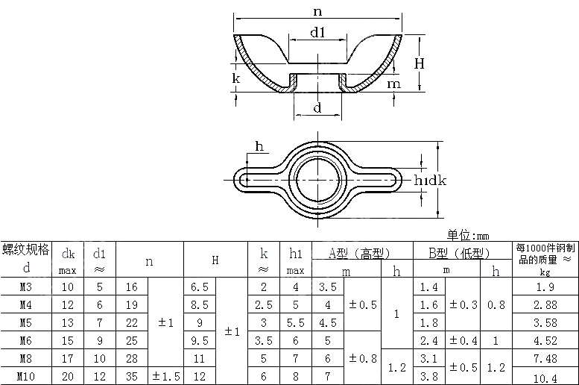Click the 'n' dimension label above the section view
(x=318, y=10)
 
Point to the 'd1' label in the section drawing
(x=317, y=32)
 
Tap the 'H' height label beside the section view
(x=420, y=63)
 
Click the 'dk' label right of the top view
(x=437, y=180)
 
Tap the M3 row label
(x=26, y=287)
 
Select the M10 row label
(x=26, y=377)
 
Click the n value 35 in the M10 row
(x=132, y=377)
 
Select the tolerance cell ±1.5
(x=166, y=377)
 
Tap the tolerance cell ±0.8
(x=363, y=359)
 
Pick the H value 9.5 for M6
(x=199, y=341)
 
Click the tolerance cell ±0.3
(x=463, y=304)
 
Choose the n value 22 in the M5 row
(x=132, y=323)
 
